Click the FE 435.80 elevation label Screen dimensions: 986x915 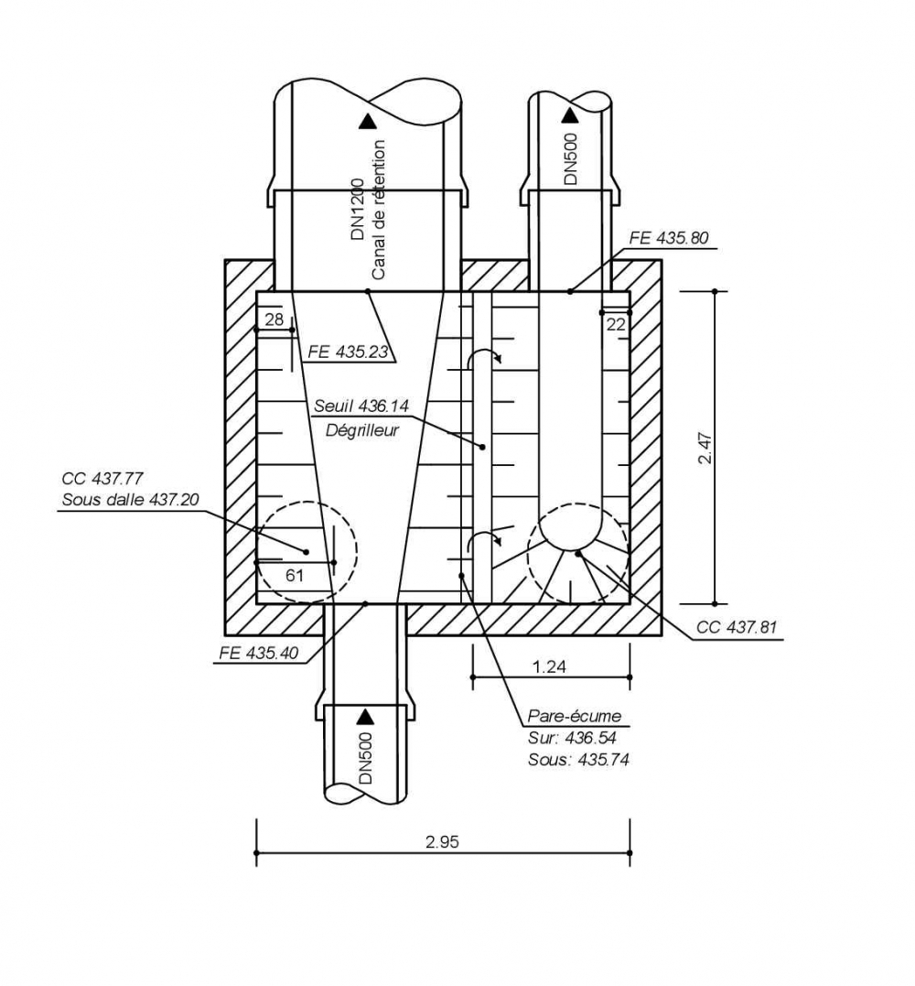pos(669,237)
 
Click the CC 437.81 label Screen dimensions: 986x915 pos(737,628)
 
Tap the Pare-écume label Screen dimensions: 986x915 pos(574,716)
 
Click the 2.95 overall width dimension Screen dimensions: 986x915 pos(442,842)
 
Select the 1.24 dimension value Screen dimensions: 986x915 pos(549,666)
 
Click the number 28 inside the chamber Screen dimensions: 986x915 pos(274,320)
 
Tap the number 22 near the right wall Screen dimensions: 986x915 pos(615,323)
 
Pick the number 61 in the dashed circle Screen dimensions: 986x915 pos(295,576)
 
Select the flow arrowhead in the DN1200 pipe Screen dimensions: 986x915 pos(368,119)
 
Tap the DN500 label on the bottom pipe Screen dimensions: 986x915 pos(366,756)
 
